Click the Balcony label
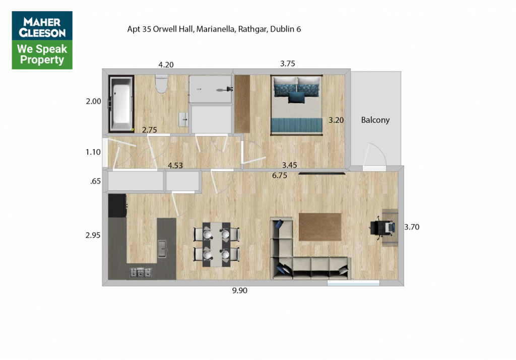click(375, 120)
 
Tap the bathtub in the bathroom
click(121, 103)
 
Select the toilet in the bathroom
click(162, 84)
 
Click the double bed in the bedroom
click(296, 105)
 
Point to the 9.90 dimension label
click(239, 291)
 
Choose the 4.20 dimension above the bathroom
click(166, 65)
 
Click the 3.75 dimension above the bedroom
click(288, 63)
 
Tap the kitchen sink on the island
click(162, 249)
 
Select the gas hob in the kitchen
click(141, 272)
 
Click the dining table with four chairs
click(216, 244)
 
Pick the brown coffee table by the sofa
click(320, 227)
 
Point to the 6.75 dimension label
click(280, 176)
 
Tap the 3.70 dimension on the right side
click(412, 227)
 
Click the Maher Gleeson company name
click(42, 27)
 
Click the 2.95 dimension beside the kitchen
click(93, 235)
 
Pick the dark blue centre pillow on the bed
click(296, 97)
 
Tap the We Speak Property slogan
click(42, 54)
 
